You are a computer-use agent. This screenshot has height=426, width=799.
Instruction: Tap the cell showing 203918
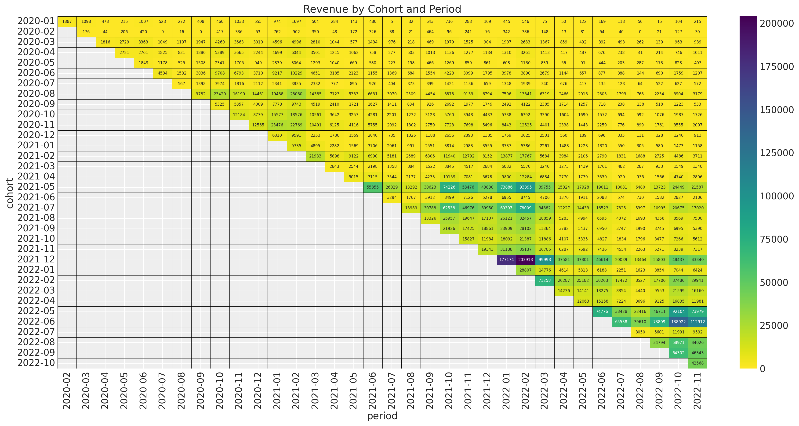coord(525,260)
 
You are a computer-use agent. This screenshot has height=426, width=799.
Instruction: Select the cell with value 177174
coord(506,260)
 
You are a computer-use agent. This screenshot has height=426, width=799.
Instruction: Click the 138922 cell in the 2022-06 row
coord(678,322)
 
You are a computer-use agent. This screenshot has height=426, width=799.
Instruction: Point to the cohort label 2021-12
coord(36,259)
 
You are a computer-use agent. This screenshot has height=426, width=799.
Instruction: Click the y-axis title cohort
coord(10,193)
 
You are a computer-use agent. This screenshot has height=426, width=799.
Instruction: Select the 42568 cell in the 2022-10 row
coord(697,363)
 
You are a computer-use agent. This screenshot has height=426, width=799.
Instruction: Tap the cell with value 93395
coord(525,187)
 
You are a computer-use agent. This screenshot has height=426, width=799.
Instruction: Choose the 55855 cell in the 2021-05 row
coord(373,187)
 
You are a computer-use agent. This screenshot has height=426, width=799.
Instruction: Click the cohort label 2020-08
coord(36,93)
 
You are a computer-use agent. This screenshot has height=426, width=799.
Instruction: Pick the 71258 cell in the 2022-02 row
coord(545,280)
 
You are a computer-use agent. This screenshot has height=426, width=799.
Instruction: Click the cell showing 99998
coord(545,260)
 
